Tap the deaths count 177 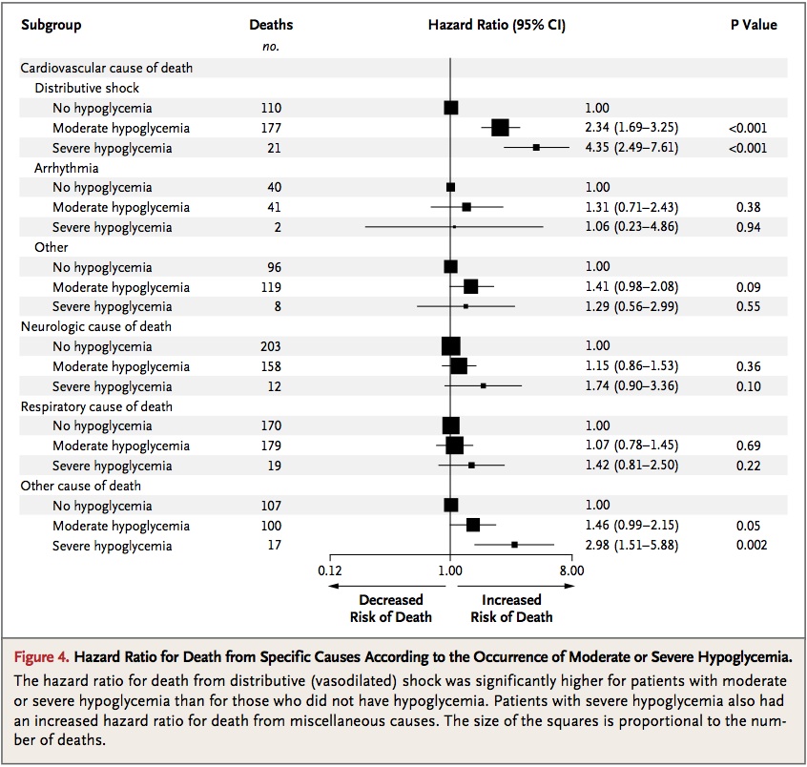(271, 128)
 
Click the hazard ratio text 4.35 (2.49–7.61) (631, 148)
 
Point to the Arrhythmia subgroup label (66, 168)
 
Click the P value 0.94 (749, 227)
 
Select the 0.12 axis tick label (329, 570)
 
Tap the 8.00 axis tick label (571, 570)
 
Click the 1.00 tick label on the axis (450, 570)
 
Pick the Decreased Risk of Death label (390, 609)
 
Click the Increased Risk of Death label (511, 609)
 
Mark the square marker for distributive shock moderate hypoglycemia (499, 128)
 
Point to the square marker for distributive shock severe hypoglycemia (536, 148)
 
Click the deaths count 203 (271, 346)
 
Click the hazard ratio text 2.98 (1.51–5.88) (631, 546)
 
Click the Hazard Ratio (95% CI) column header (496, 25)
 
